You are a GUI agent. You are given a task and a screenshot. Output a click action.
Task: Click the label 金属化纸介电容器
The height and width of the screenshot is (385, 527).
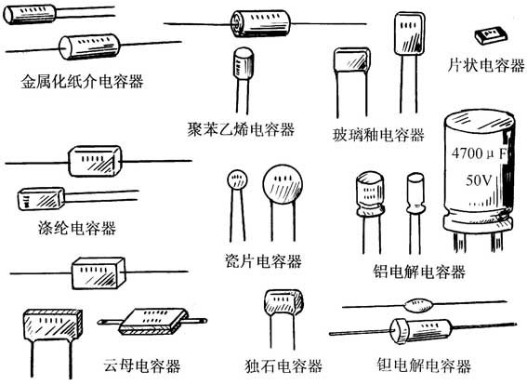click(83, 81)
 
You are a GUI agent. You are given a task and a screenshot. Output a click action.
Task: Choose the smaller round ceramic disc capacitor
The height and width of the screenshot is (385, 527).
click(238, 179)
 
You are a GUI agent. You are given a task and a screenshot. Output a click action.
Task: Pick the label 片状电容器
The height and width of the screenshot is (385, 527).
click(486, 66)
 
